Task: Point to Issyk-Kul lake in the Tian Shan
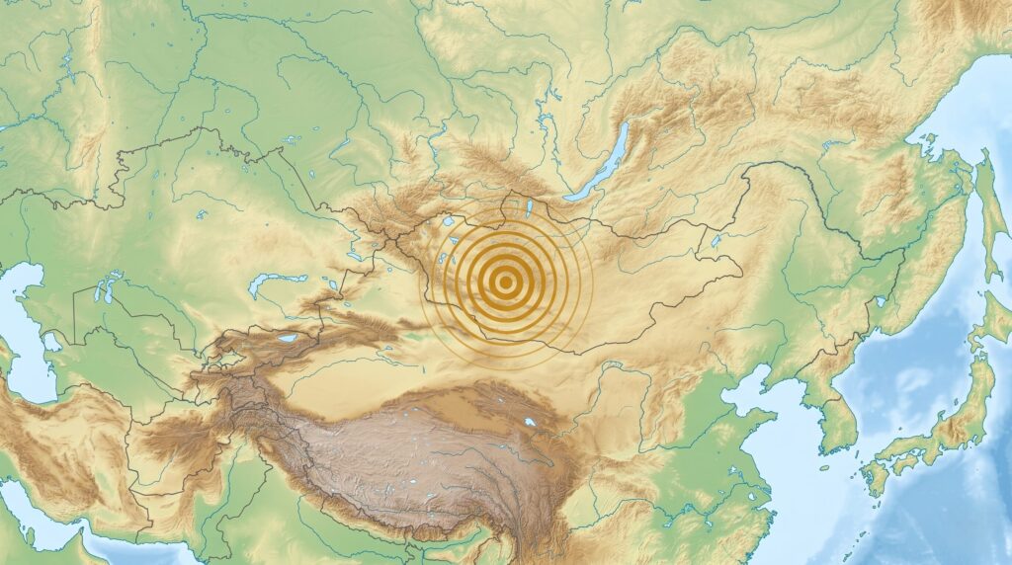(288, 339)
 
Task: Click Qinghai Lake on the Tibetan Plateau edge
(532, 422)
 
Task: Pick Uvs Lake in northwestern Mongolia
(451, 222)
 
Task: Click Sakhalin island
(988, 198)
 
